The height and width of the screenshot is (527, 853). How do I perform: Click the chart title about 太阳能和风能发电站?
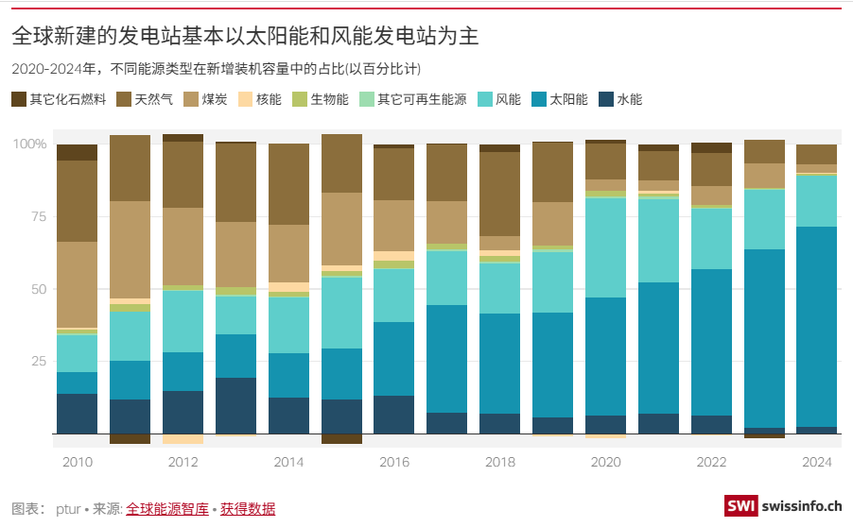(244, 37)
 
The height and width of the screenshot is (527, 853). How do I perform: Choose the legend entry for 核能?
(259, 98)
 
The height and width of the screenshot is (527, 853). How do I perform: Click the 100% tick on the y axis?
(28, 144)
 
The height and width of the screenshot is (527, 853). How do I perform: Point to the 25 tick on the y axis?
(36, 361)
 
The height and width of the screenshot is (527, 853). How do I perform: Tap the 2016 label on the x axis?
(393, 462)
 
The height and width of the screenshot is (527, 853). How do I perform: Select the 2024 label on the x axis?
(816, 462)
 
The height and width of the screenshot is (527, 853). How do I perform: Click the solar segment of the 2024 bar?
(816, 326)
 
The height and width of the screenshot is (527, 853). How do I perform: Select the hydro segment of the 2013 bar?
(235, 405)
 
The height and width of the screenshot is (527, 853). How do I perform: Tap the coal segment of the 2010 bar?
(77, 284)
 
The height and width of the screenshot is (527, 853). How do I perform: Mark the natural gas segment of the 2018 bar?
(499, 194)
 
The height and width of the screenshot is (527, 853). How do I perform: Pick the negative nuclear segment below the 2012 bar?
(183, 438)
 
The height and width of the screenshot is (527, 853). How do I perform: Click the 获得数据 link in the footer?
(248, 509)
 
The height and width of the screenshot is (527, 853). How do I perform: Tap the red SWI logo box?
(741, 506)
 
